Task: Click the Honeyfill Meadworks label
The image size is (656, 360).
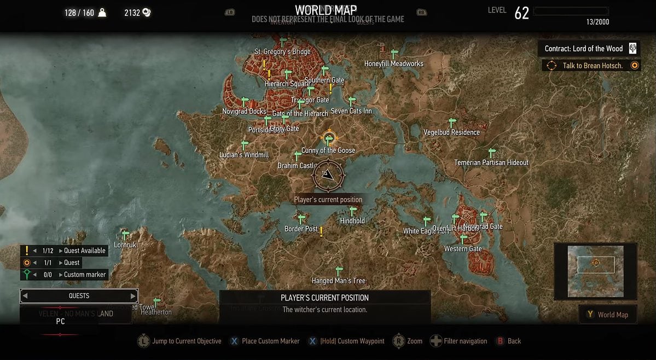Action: tap(393, 63)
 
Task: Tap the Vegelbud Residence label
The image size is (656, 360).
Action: tap(451, 132)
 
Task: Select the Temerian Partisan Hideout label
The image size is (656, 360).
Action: tap(491, 162)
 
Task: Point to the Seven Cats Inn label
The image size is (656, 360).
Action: tap(351, 111)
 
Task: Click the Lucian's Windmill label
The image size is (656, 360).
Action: tap(244, 155)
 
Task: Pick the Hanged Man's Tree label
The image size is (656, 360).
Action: tap(338, 281)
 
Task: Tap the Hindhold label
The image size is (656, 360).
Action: tap(352, 220)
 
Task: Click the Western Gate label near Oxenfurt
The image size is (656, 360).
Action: tap(463, 249)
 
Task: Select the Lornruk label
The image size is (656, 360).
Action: tap(125, 245)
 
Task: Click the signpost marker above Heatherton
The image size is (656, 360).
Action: tap(156, 302)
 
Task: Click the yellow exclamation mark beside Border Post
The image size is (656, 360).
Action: tap(321, 231)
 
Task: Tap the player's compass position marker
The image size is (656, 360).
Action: tap(328, 175)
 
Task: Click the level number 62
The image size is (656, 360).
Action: tap(521, 13)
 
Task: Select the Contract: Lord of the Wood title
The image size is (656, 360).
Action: tap(583, 49)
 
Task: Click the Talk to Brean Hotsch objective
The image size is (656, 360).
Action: tap(593, 66)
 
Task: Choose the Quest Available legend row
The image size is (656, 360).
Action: tap(65, 251)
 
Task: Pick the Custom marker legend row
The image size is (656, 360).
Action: tap(65, 275)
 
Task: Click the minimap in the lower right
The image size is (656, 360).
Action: tap(595, 271)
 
